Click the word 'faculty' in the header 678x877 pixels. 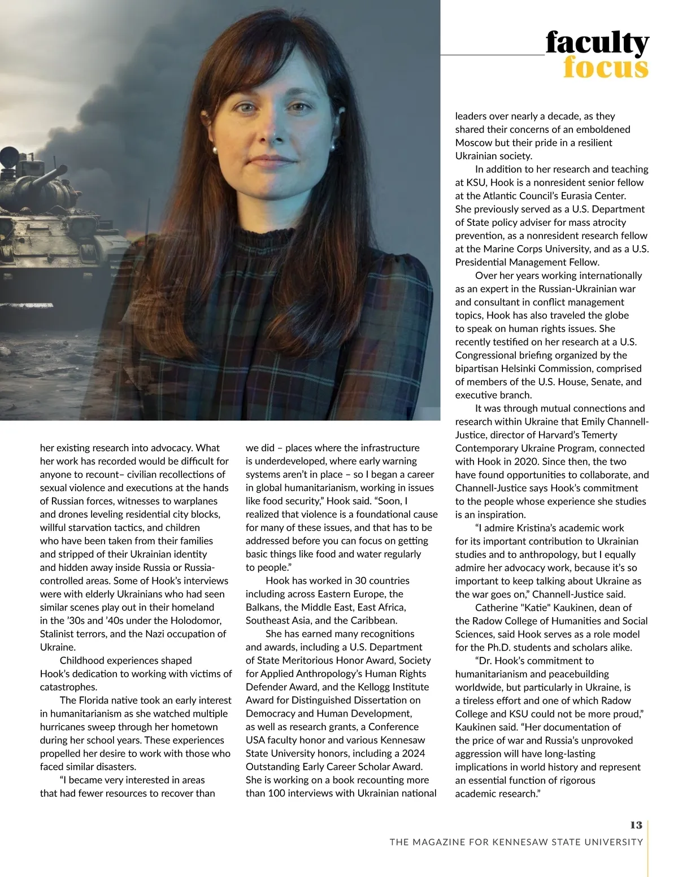click(597, 43)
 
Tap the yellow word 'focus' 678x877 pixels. click(606, 68)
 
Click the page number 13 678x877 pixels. click(636, 825)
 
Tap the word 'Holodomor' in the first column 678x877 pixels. click(195, 621)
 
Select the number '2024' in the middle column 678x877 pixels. click(413, 753)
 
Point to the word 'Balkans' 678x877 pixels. click(263, 607)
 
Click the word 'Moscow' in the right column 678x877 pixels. click(473, 142)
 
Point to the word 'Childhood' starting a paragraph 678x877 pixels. click(81, 660)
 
